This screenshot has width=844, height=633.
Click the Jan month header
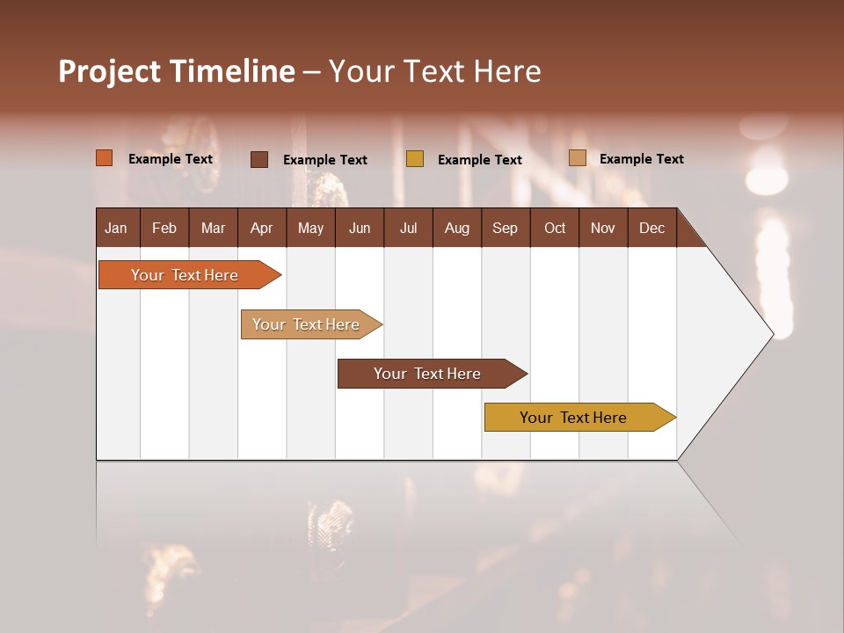[x=116, y=228]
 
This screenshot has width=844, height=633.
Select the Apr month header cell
[x=261, y=228]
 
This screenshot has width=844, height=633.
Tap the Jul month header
[x=408, y=228]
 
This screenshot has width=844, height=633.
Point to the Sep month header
[x=505, y=228]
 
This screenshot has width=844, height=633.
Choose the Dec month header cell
[x=651, y=228]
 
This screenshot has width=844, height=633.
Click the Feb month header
[x=164, y=228]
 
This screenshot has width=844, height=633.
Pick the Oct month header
[x=555, y=228]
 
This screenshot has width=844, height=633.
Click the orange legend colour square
[x=105, y=158]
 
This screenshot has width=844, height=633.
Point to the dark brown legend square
[x=259, y=159]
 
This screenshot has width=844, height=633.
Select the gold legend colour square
[x=415, y=159]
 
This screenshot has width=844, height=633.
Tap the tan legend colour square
[x=577, y=158]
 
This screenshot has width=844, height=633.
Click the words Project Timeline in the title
[x=177, y=71]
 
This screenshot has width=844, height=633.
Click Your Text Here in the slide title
[x=434, y=71]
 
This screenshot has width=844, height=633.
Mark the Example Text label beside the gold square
[x=480, y=160]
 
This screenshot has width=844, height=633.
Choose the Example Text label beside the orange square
[x=171, y=159]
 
